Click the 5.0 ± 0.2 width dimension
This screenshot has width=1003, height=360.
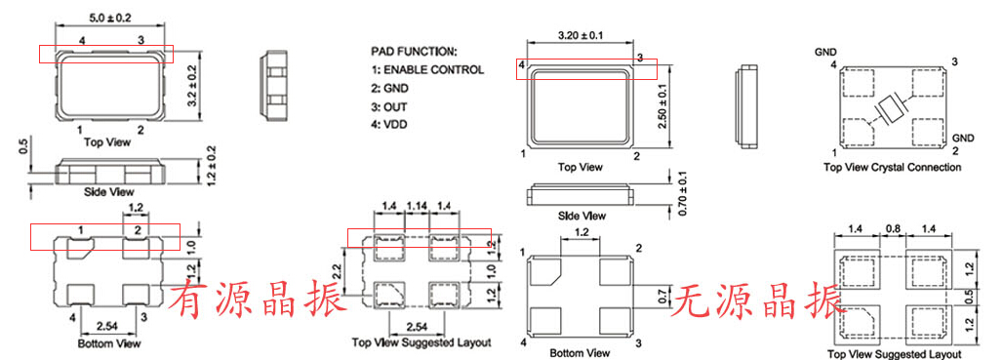[x=109, y=18]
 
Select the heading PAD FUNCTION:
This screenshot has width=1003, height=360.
[x=414, y=51]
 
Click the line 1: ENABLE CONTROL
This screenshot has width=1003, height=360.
[x=427, y=69]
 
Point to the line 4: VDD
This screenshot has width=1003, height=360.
[x=389, y=125]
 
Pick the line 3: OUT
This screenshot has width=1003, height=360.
[x=389, y=106]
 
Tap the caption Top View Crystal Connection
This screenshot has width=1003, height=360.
[x=892, y=168]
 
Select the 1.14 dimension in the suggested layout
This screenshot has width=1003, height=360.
[x=418, y=206]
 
